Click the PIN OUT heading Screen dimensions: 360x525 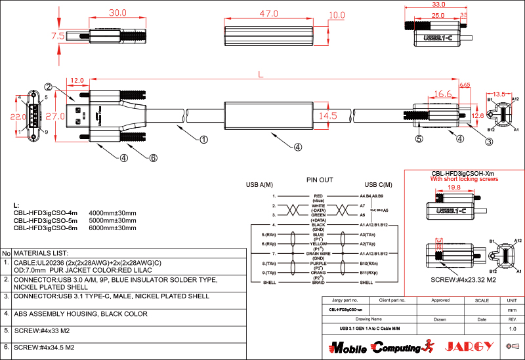coord(320,179)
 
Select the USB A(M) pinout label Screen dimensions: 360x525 coord(259,185)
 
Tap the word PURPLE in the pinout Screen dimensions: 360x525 coord(319,262)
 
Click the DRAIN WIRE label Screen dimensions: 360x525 coord(320,252)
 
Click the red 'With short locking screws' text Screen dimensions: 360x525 coord(464,179)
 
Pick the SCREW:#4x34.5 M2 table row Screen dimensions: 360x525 coord(44,347)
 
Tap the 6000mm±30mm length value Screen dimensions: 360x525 coord(112,228)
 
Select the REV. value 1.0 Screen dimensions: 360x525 coord(513,328)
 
